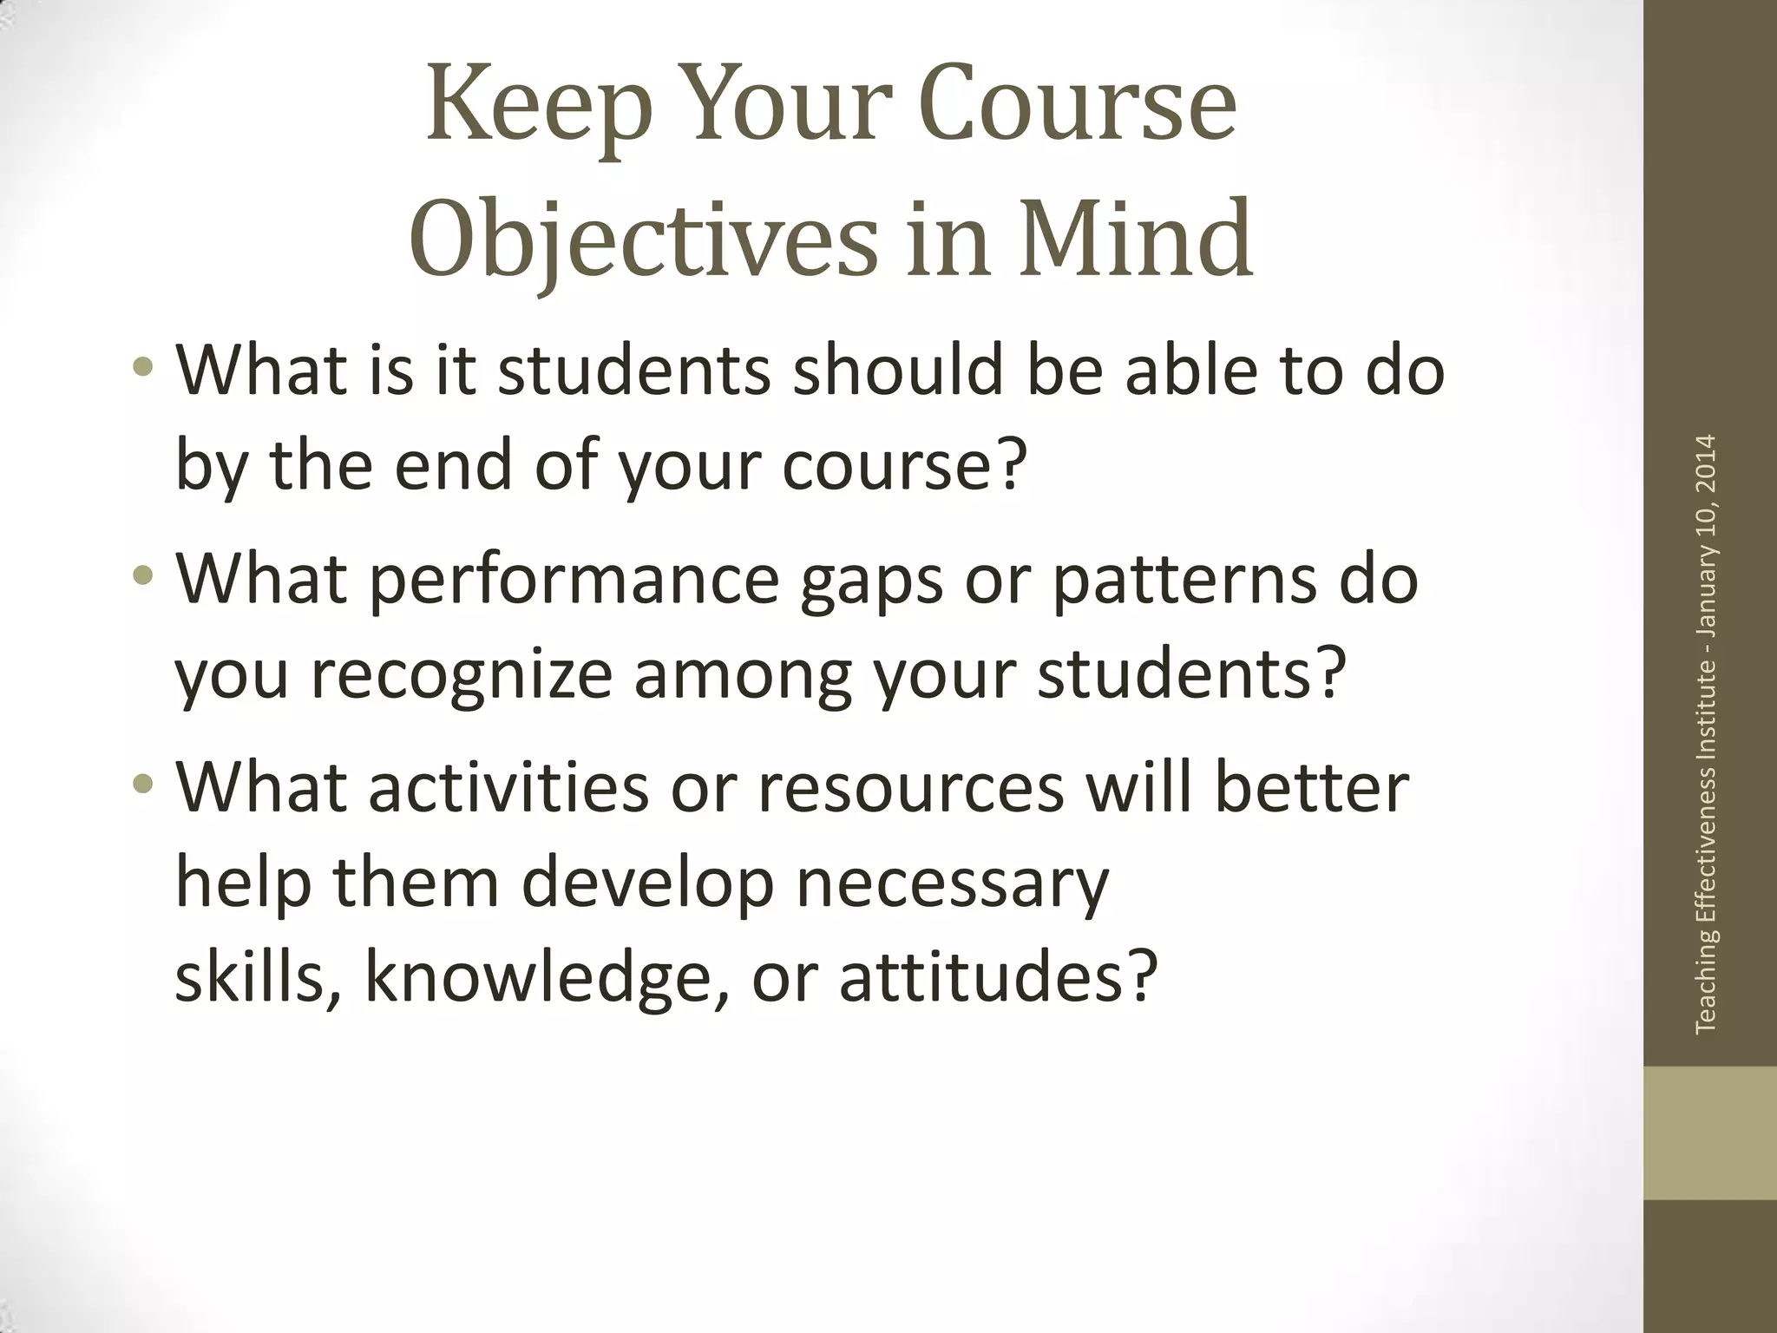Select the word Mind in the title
pos(1136,238)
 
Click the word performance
pos(574,580)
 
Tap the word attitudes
pos(998,976)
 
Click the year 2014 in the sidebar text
pos(1706,464)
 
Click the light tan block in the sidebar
pos(1710,1133)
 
